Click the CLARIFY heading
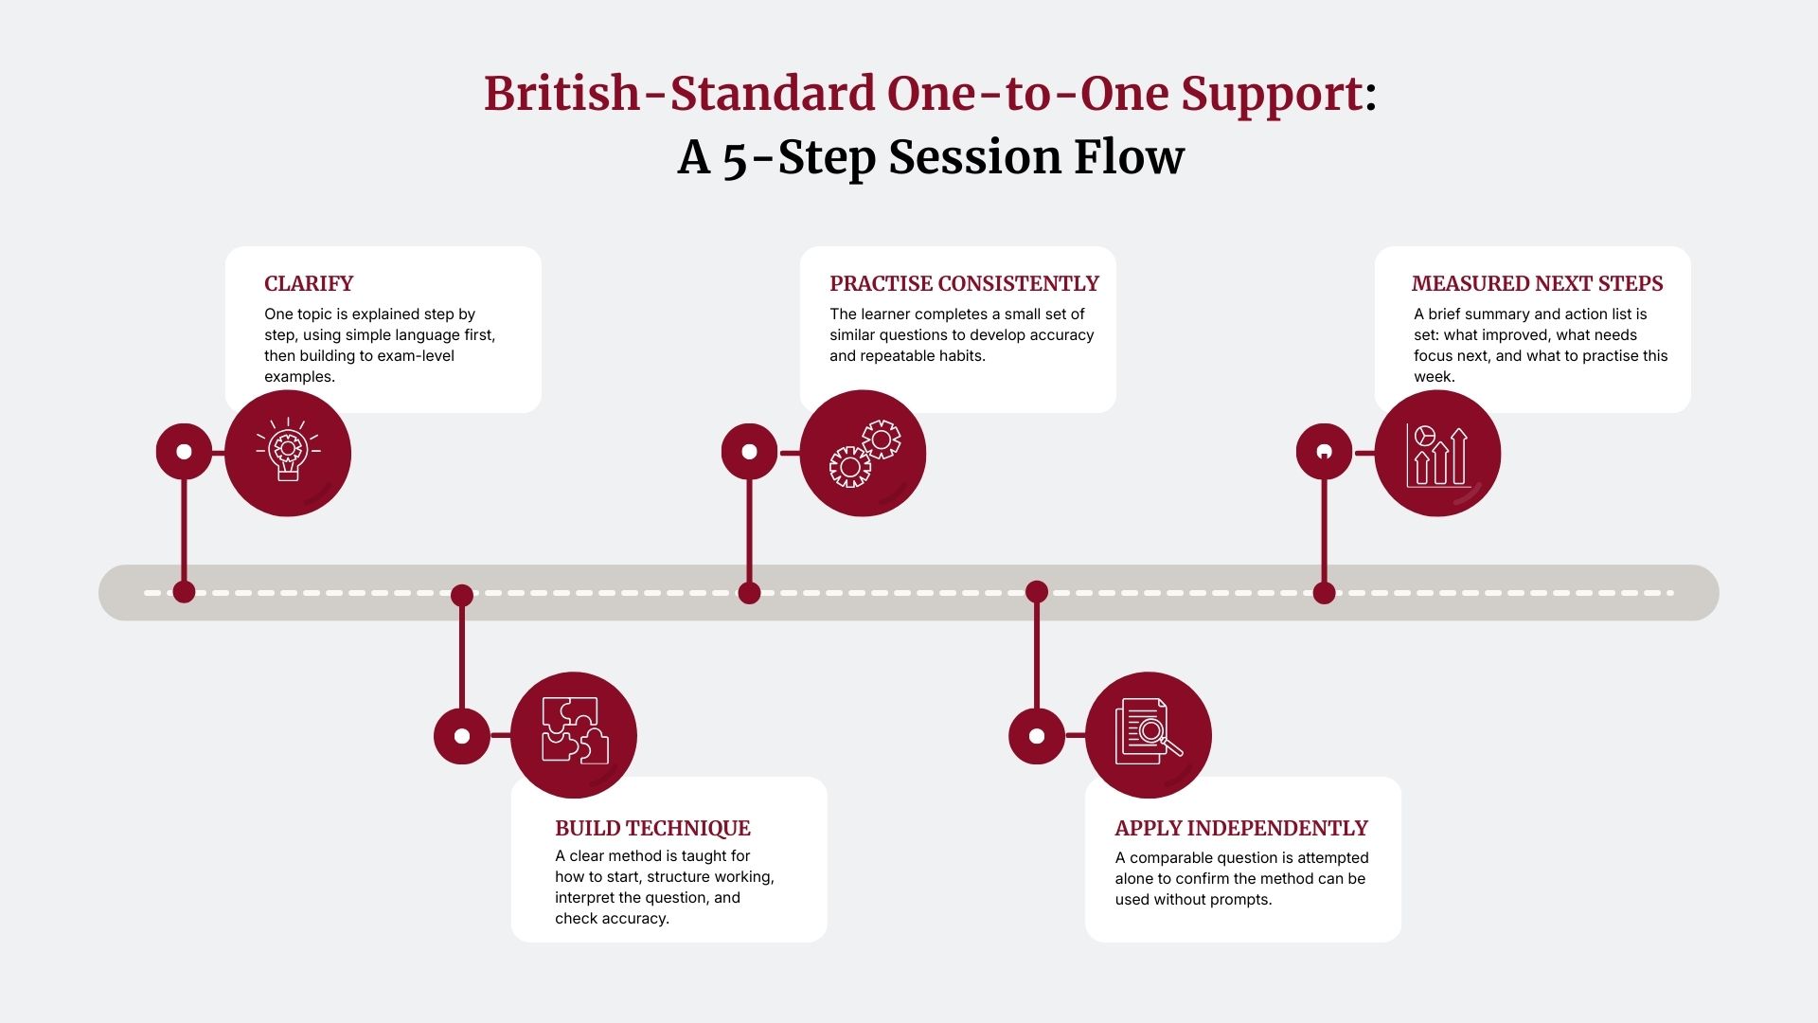pyautogui.click(x=309, y=284)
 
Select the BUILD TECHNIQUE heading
pyautogui.click(x=652, y=829)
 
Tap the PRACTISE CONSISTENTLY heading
pyautogui.click(x=964, y=284)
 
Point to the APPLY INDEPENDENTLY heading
pyautogui.click(x=1240, y=829)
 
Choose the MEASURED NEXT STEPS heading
pyautogui.click(x=1537, y=284)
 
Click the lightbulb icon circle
pyautogui.click(x=288, y=454)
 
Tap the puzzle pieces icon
pyautogui.click(x=574, y=734)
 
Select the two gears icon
pyautogui.click(x=863, y=454)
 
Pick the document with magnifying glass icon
pyautogui.click(x=1149, y=734)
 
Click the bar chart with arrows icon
pyautogui.click(x=1437, y=454)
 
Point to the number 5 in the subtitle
pyautogui.click(x=736, y=159)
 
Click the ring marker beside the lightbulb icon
pyautogui.click(x=184, y=452)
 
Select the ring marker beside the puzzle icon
pyautogui.click(x=462, y=736)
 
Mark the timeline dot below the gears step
pyautogui.click(x=749, y=593)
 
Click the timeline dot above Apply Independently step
pyautogui.click(x=1037, y=592)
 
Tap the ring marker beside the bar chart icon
pyautogui.click(x=1324, y=452)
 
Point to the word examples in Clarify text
pyautogui.click(x=298, y=377)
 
